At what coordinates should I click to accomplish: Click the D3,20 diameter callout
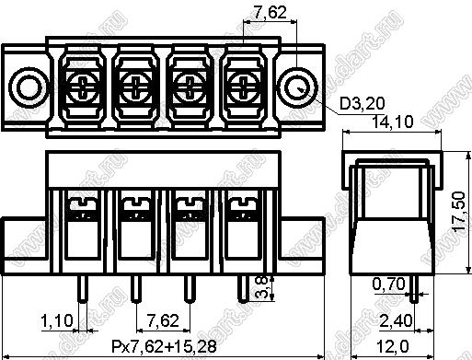(x=362, y=104)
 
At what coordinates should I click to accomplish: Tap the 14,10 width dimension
(x=392, y=122)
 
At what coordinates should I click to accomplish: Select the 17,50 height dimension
(x=459, y=212)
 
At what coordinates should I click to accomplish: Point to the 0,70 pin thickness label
(x=388, y=284)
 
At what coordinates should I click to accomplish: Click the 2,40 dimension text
(x=396, y=321)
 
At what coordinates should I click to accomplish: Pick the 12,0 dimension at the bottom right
(x=392, y=347)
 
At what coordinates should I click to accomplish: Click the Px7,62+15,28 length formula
(x=164, y=346)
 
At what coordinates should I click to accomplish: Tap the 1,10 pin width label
(x=57, y=321)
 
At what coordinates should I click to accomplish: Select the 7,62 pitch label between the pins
(x=163, y=321)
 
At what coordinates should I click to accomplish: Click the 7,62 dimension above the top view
(x=271, y=13)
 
